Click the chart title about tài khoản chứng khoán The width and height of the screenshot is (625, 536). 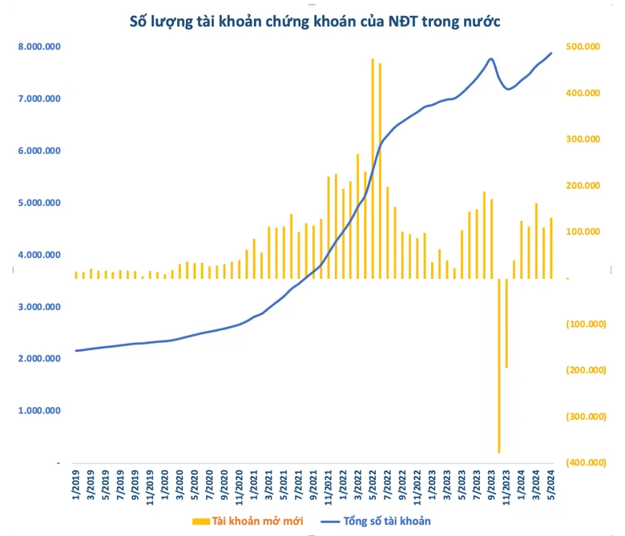tap(314, 22)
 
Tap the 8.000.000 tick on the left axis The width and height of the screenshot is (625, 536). tap(39, 46)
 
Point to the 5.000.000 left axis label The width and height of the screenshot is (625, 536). tap(39, 203)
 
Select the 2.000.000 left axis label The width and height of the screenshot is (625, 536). tap(39, 359)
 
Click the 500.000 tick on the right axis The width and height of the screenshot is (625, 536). tap(583, 46)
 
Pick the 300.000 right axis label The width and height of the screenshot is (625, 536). tap(583, 139)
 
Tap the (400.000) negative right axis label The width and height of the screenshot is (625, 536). tap(586, 462)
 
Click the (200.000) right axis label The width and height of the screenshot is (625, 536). tap(586, 370)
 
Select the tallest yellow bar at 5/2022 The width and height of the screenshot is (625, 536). tap(373, 168)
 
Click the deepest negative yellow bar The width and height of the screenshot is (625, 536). tap(499, 366)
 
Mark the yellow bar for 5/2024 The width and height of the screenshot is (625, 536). tap(551, 248)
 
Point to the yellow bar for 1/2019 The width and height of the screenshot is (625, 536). tap(76, 275)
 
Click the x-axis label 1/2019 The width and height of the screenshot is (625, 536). tap(76, 485)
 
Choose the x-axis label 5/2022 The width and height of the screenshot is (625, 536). tap(373, 485)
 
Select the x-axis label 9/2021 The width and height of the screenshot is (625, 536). tap(313, 485)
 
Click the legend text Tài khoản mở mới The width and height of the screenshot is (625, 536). tap(257, 522)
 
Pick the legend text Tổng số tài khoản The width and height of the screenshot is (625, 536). tap(387, 522)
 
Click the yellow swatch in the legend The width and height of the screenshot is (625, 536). tap(201, 522)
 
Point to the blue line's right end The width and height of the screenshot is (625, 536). tap(551, 53)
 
